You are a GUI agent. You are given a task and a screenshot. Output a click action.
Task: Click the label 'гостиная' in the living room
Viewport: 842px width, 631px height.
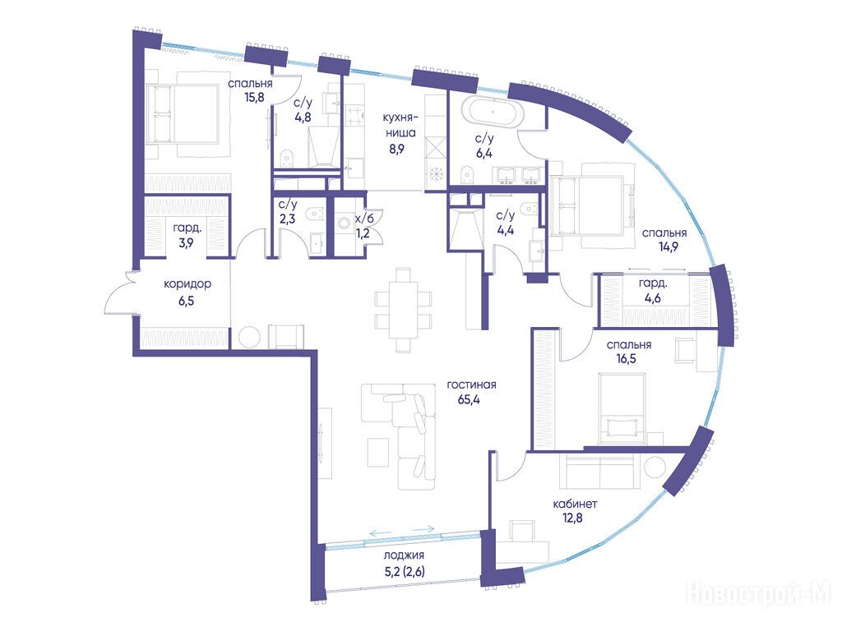tap(471, 385)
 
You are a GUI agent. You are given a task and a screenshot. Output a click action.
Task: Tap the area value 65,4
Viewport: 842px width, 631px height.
tap(469, 400)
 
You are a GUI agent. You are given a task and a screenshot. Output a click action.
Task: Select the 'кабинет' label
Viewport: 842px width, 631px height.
tap(575, 504)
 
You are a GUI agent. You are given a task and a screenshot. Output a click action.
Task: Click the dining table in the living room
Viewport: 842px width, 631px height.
tap(403, 310)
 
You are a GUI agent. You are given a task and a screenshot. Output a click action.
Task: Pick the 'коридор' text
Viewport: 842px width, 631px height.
tap(187, 283)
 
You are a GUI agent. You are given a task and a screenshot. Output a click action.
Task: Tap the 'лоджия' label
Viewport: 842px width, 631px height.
tap(405, 555)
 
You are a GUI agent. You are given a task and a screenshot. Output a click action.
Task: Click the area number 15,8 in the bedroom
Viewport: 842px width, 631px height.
tap(254, 99)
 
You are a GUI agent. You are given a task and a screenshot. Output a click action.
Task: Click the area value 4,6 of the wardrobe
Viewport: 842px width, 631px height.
tap(653, 297)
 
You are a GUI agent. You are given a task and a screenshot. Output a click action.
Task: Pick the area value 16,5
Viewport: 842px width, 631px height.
tap(626, 358)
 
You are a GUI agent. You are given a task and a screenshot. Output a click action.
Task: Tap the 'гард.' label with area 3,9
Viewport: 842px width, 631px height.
tap(187, 228)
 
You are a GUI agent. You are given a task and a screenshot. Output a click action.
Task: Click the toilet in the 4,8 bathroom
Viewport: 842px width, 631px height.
tap(287, 157)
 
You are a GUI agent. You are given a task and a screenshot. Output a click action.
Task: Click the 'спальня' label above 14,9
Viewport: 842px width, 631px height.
tap(664, 233)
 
